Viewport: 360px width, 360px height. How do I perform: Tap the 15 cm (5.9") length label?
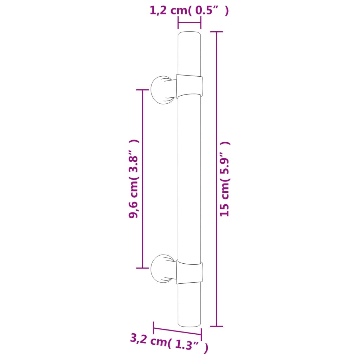click(x=225, y=179)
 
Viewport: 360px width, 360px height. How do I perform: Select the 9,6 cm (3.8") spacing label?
click(x=134, y=179)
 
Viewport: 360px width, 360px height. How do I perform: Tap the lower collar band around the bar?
click(x=189, y=272)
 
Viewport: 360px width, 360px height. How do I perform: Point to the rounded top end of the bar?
click(x=189, y=35)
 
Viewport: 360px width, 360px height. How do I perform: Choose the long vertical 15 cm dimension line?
click(x=217, y=179)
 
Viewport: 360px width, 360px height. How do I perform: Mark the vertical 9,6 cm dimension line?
click(x=142, y=179)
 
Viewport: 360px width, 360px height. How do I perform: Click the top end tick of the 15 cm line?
click(x=217, y=32)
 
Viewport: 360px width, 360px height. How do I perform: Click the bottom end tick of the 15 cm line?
click(x=217, y=326)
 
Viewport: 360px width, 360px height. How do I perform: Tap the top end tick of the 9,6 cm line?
click(x=142, y=90)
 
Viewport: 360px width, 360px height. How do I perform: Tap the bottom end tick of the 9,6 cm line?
click(x=142, y=268)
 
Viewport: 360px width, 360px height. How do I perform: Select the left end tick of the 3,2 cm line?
click(x=154, y=328)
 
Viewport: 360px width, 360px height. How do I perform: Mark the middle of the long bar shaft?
click(x=189, y=179)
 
